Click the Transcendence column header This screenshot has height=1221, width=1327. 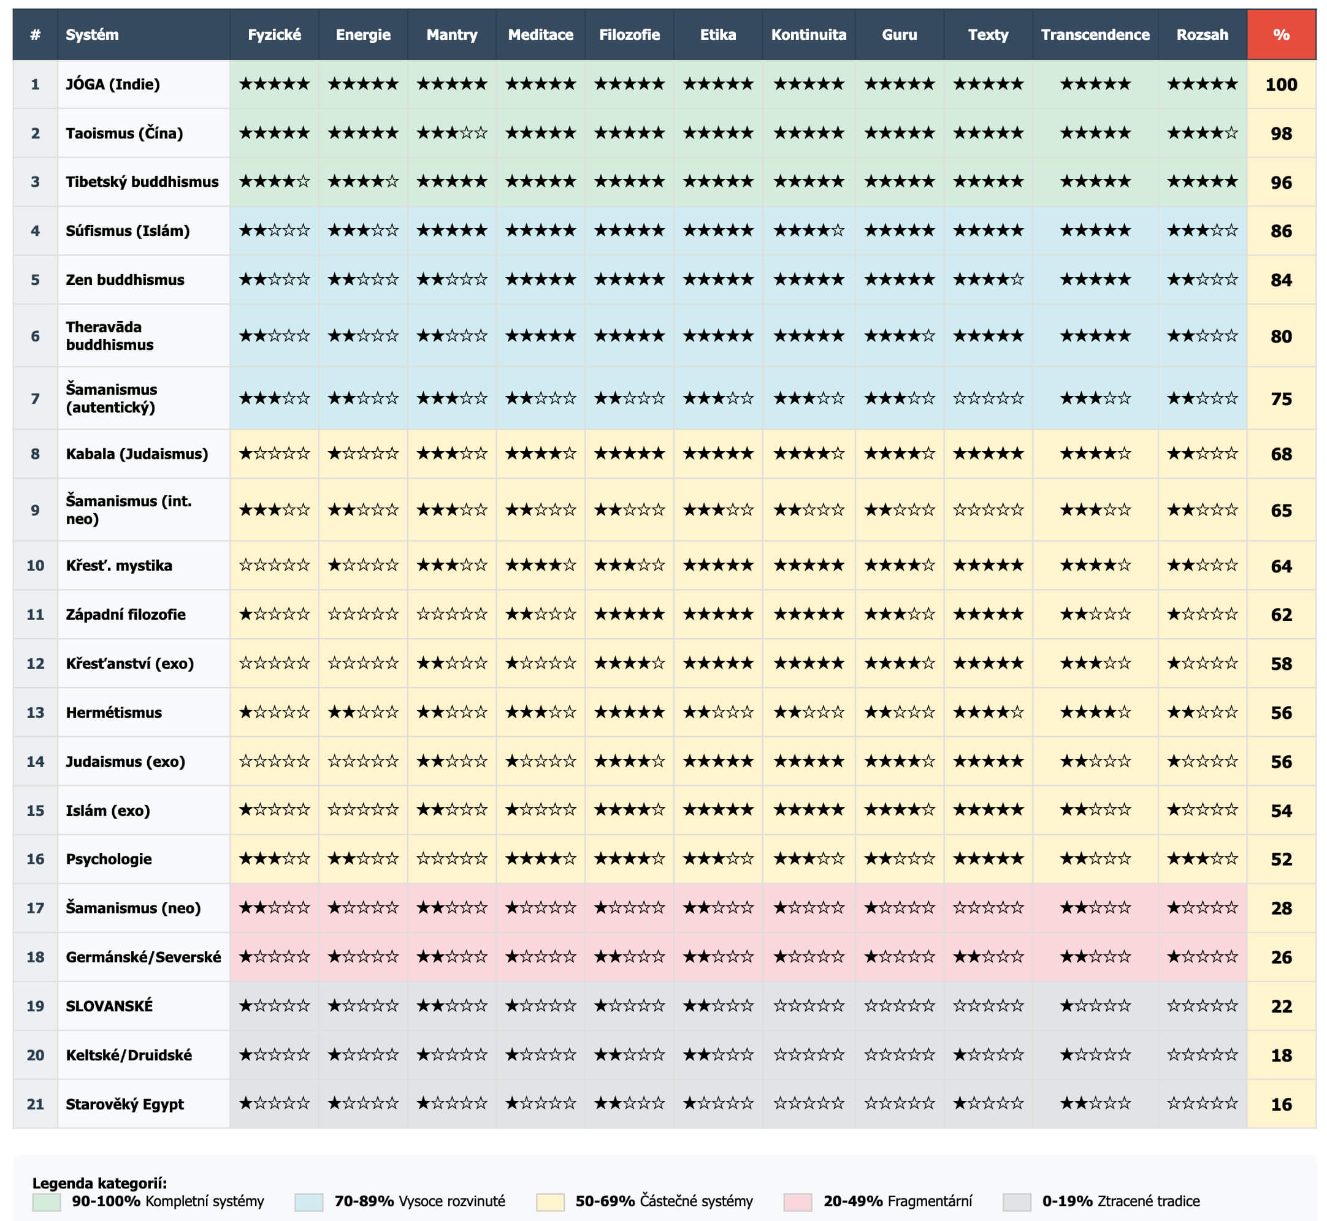click(x=1095, y=34)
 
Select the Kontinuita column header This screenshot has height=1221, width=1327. click(x=808, y=34)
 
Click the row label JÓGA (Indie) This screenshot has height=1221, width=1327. click(x=112, y=84)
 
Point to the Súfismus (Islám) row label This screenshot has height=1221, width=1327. click(x=128, y=230)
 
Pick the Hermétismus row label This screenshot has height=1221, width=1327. click(x=113, y=712)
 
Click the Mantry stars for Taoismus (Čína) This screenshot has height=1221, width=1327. click(x=451, y=133)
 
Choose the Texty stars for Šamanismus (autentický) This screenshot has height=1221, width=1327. click(x=987, y=398)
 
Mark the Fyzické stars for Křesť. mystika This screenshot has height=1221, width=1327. click(x=273, y=565)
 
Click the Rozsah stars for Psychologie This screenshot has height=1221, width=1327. click(x=1201, y=859)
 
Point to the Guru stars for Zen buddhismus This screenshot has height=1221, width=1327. click(x=899, y=280)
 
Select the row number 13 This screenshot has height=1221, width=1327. click(x=35, y=712)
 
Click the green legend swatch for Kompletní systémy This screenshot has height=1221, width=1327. click(x=46, y=1202)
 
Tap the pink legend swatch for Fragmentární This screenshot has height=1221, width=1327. click(x=797, y=1202)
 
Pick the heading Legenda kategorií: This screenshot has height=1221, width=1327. click(x=99, y=1182)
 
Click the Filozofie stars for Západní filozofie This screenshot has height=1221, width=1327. click(x=629, y=614)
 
